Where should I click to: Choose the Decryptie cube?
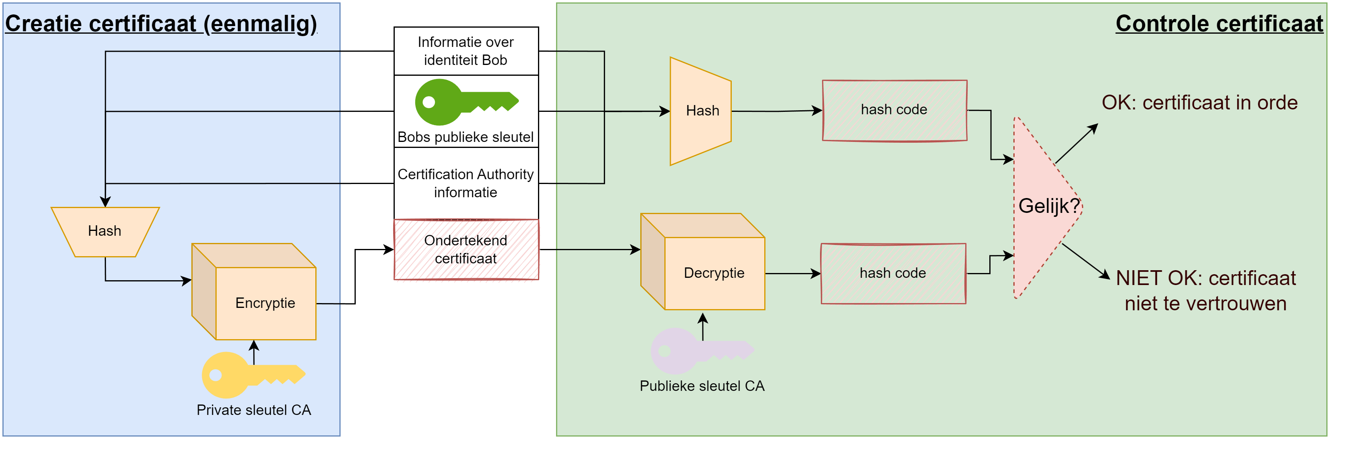tap(713, 273)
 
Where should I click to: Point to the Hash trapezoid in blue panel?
tap(105, 231)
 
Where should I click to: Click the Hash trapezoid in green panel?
tap(701, 111)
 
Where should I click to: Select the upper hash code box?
tap(894, 110)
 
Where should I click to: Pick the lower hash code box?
tap(893, 273)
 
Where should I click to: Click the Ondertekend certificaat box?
tap(466, 249)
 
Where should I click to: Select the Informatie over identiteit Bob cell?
tap(466, 51)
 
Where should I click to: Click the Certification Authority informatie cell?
tap(466, 183)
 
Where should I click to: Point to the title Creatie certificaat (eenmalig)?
tap(161, 24)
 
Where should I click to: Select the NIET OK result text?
tap(1205, 290)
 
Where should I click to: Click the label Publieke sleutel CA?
tap(702, 386)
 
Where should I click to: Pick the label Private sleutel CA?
tap(254, 410)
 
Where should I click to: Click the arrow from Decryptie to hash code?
tap(792, 273)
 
